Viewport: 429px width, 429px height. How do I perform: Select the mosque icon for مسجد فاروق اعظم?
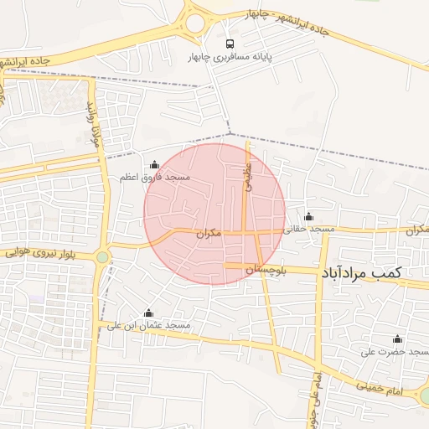[x=153, y=164]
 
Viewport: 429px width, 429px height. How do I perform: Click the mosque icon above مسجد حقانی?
[x=308, y=216]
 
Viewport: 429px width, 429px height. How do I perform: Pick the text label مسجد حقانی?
[x=309, y=229]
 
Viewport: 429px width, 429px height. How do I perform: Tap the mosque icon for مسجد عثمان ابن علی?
[x=148, y=313]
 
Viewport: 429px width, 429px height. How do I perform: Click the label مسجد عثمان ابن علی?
[x=149, y=325]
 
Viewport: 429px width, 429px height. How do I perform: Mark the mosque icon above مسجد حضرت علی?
[x=397, y=339]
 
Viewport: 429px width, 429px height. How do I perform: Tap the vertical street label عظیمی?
[x=248, y=177]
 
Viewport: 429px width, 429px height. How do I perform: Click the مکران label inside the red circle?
[x=209, y=234]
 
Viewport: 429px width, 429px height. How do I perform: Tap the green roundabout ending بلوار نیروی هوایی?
[x=102, y=257]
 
